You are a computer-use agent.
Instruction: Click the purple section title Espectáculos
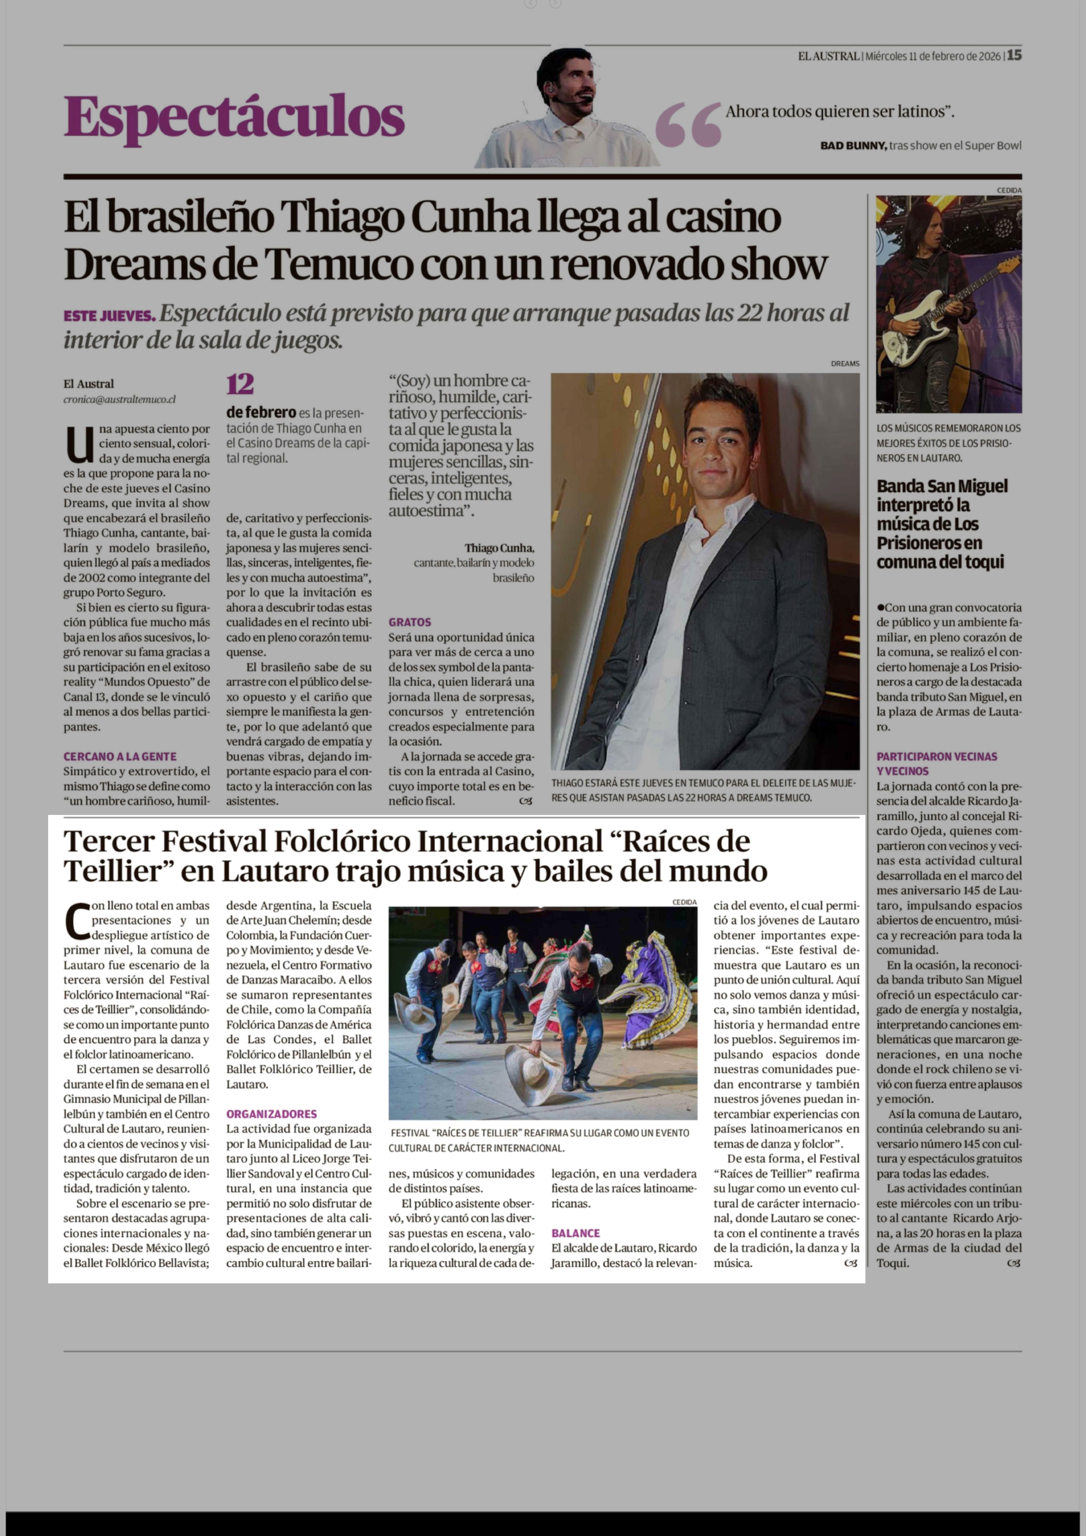(x=234, y=117)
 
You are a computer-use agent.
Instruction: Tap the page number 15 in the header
(x=1014, y=56)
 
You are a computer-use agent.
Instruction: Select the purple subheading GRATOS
(x=410, y=622)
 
